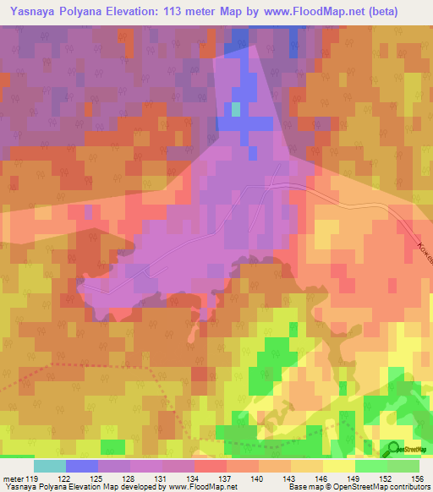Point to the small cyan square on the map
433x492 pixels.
236,109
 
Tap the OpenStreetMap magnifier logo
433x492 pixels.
392,449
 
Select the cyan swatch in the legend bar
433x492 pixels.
50,466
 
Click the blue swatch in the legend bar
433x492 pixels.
82,466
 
